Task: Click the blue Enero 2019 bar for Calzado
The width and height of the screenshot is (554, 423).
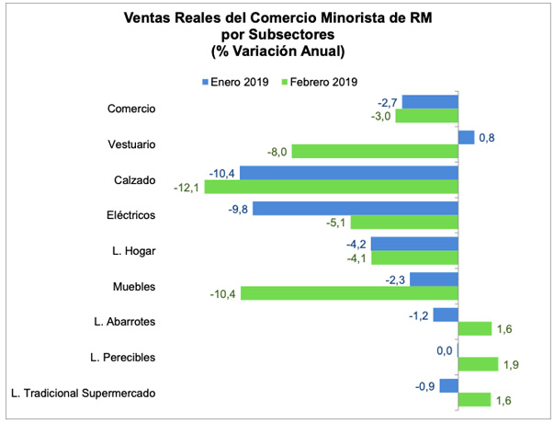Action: point(349,173)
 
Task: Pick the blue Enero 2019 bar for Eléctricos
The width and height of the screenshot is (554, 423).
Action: point(356,208)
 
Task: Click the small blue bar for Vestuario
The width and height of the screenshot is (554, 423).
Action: point(466,137)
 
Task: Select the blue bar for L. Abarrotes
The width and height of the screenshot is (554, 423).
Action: point(446,314)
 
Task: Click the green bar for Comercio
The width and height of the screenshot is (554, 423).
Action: point(426,115)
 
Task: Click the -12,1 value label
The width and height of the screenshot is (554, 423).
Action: point(187,187)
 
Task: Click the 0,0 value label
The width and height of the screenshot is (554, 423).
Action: point(444,350)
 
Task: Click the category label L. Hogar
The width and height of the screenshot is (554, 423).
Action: point(130,251)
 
